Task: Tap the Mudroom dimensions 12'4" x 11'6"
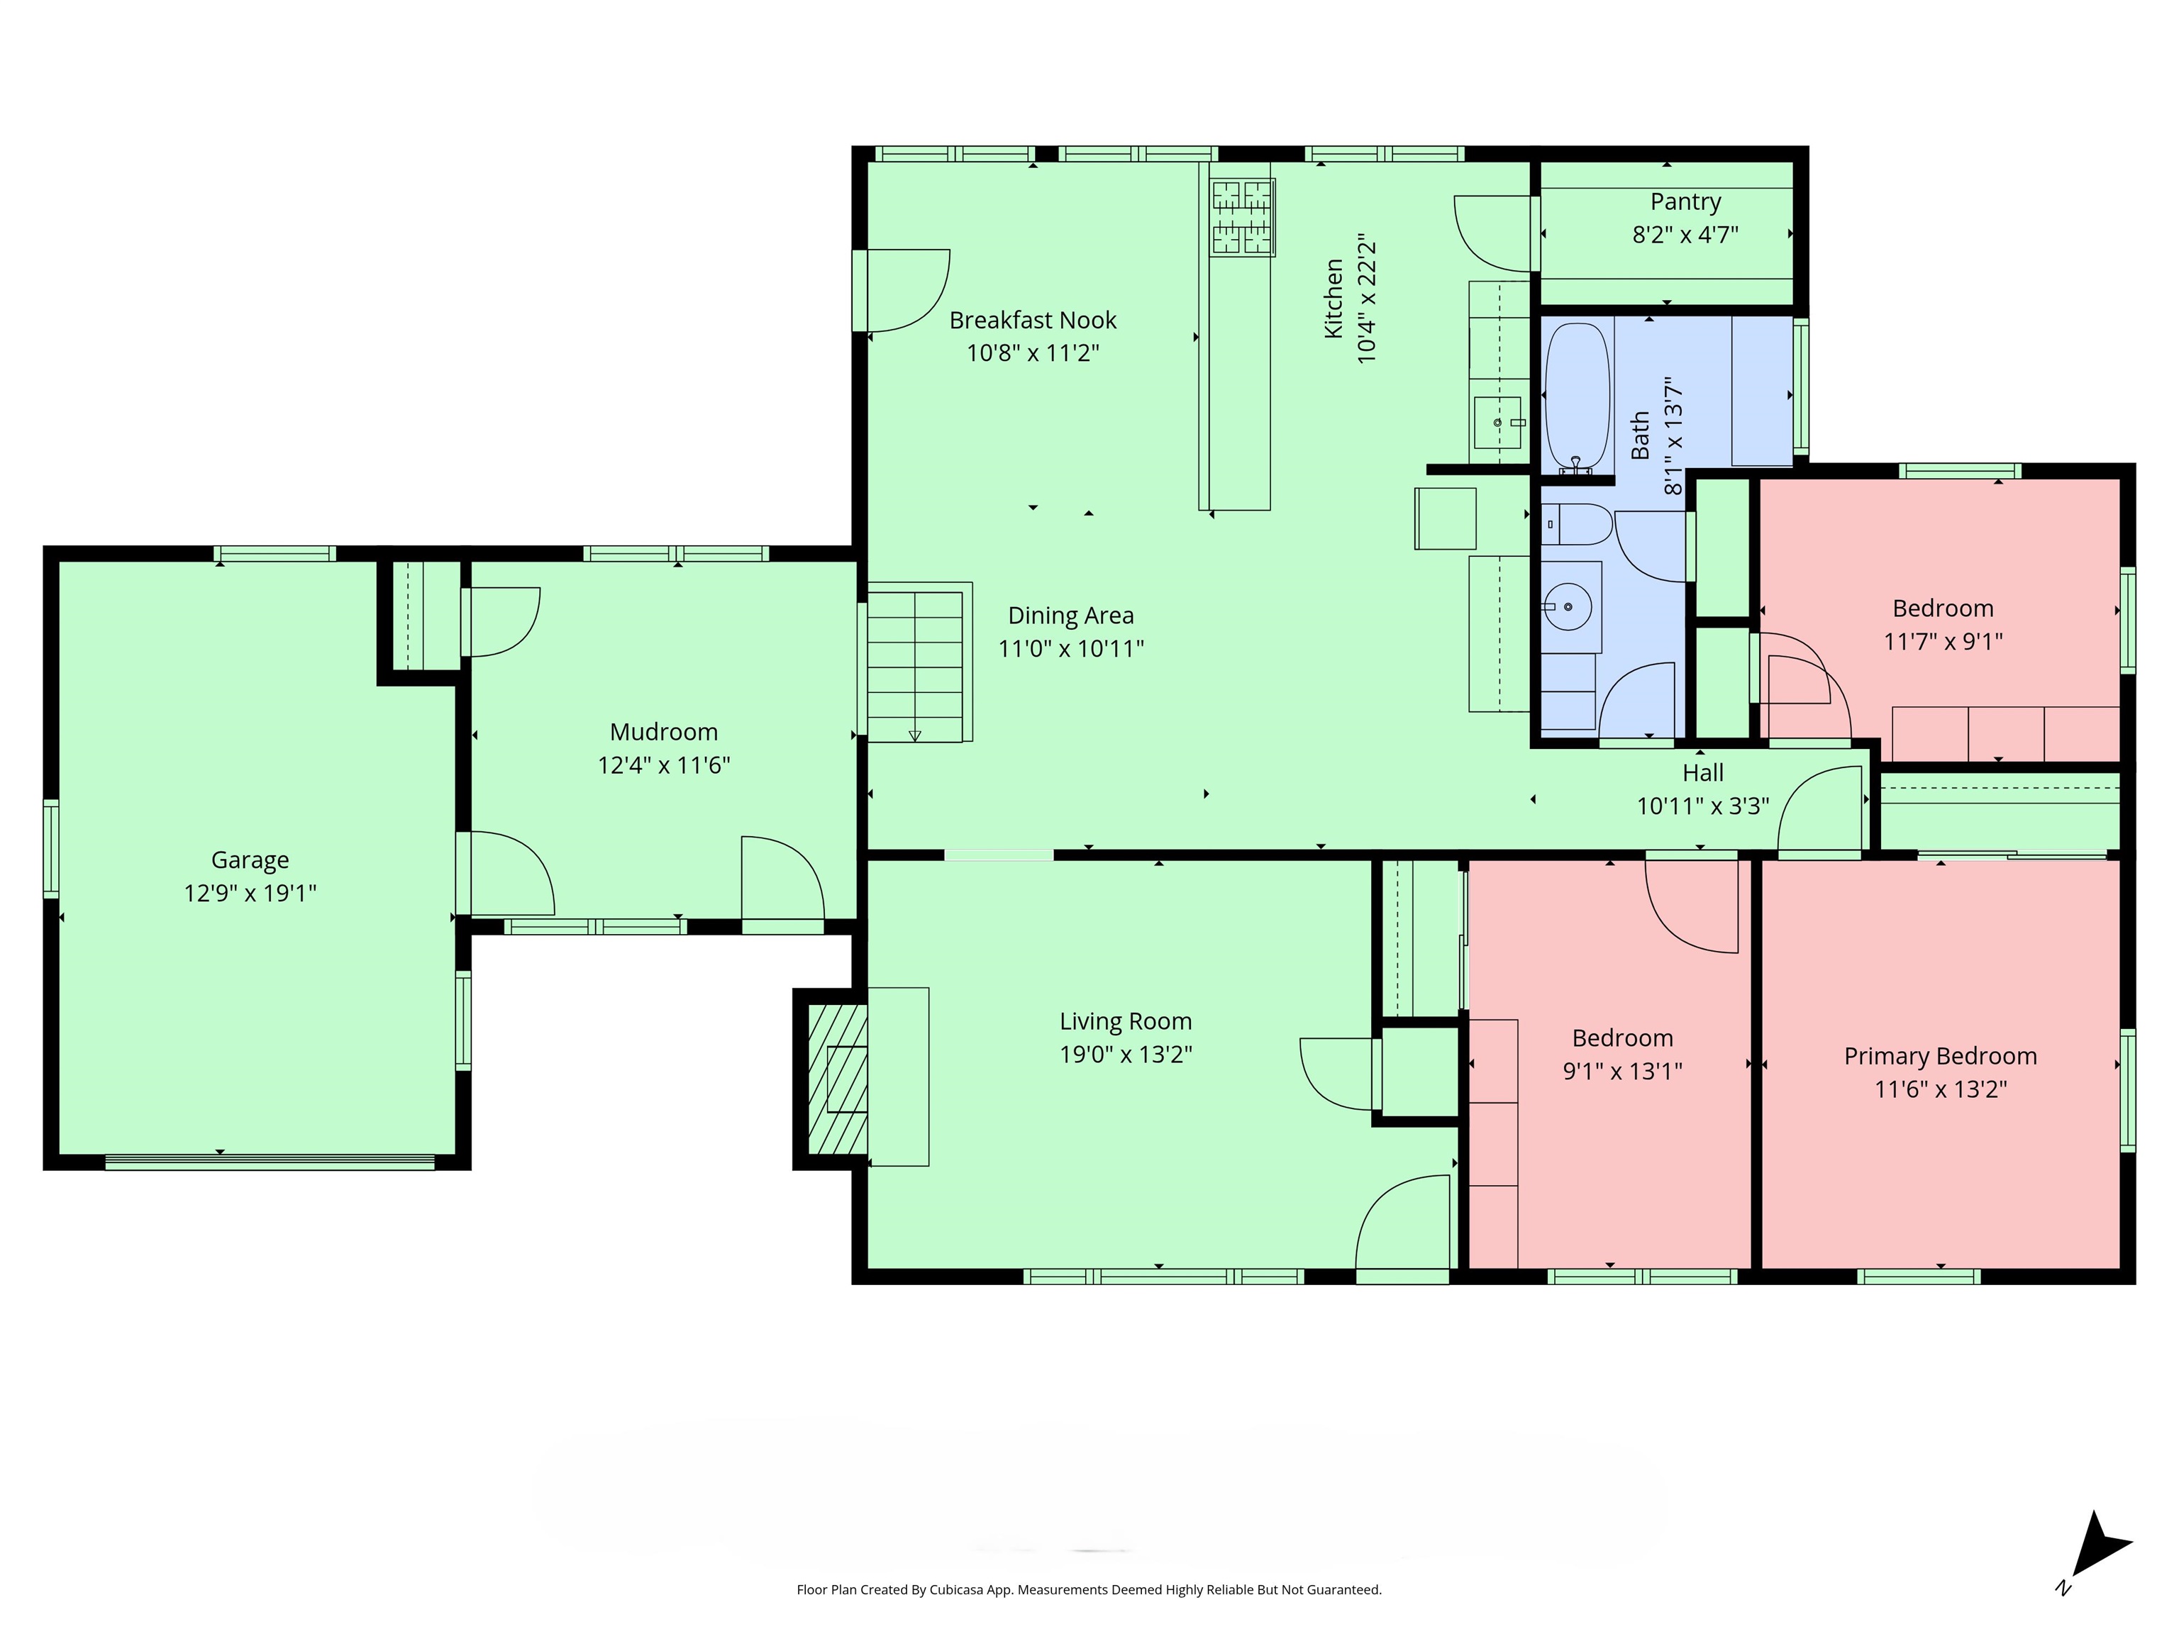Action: (663, 765)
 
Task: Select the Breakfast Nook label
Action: (1032, 320)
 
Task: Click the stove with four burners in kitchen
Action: (1241, 218)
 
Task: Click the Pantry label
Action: (1685, 202)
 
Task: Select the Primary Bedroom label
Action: (1940, 1056)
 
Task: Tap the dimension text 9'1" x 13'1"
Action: (1621, 1071)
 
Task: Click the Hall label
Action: (1702, 773)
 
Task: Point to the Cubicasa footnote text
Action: (1089, 1590)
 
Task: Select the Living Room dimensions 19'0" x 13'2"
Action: (1125, 1054)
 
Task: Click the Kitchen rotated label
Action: (1334, 299)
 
